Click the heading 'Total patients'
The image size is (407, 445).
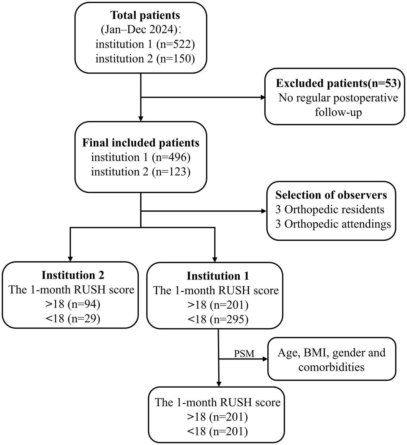[145, 15]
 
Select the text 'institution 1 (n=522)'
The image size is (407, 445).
[145, 44]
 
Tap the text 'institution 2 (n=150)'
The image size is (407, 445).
[145, 58]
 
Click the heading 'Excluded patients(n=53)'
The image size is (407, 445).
[338, 83]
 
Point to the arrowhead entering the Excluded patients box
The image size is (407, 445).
[262, 98]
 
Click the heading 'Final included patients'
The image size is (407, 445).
[141, 143]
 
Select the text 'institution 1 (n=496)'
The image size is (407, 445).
[141, 157]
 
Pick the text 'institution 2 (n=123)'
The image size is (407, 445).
[141, 172]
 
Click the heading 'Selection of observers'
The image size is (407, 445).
[331, 195]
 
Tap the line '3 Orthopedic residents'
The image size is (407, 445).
[330, 209]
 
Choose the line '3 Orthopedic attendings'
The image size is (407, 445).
[333, 224]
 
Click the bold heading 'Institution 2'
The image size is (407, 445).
[73, 275]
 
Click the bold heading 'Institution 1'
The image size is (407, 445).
[218, 276]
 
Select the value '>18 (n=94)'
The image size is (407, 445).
[73, 304]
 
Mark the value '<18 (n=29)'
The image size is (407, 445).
[73, 319]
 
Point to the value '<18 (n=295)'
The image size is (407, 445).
[218, 319]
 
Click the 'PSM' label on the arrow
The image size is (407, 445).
[244, 354]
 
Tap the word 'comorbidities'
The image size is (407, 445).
[331, 367]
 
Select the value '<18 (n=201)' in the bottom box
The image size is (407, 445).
[217, 432]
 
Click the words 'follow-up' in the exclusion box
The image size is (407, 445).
[338, 112]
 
